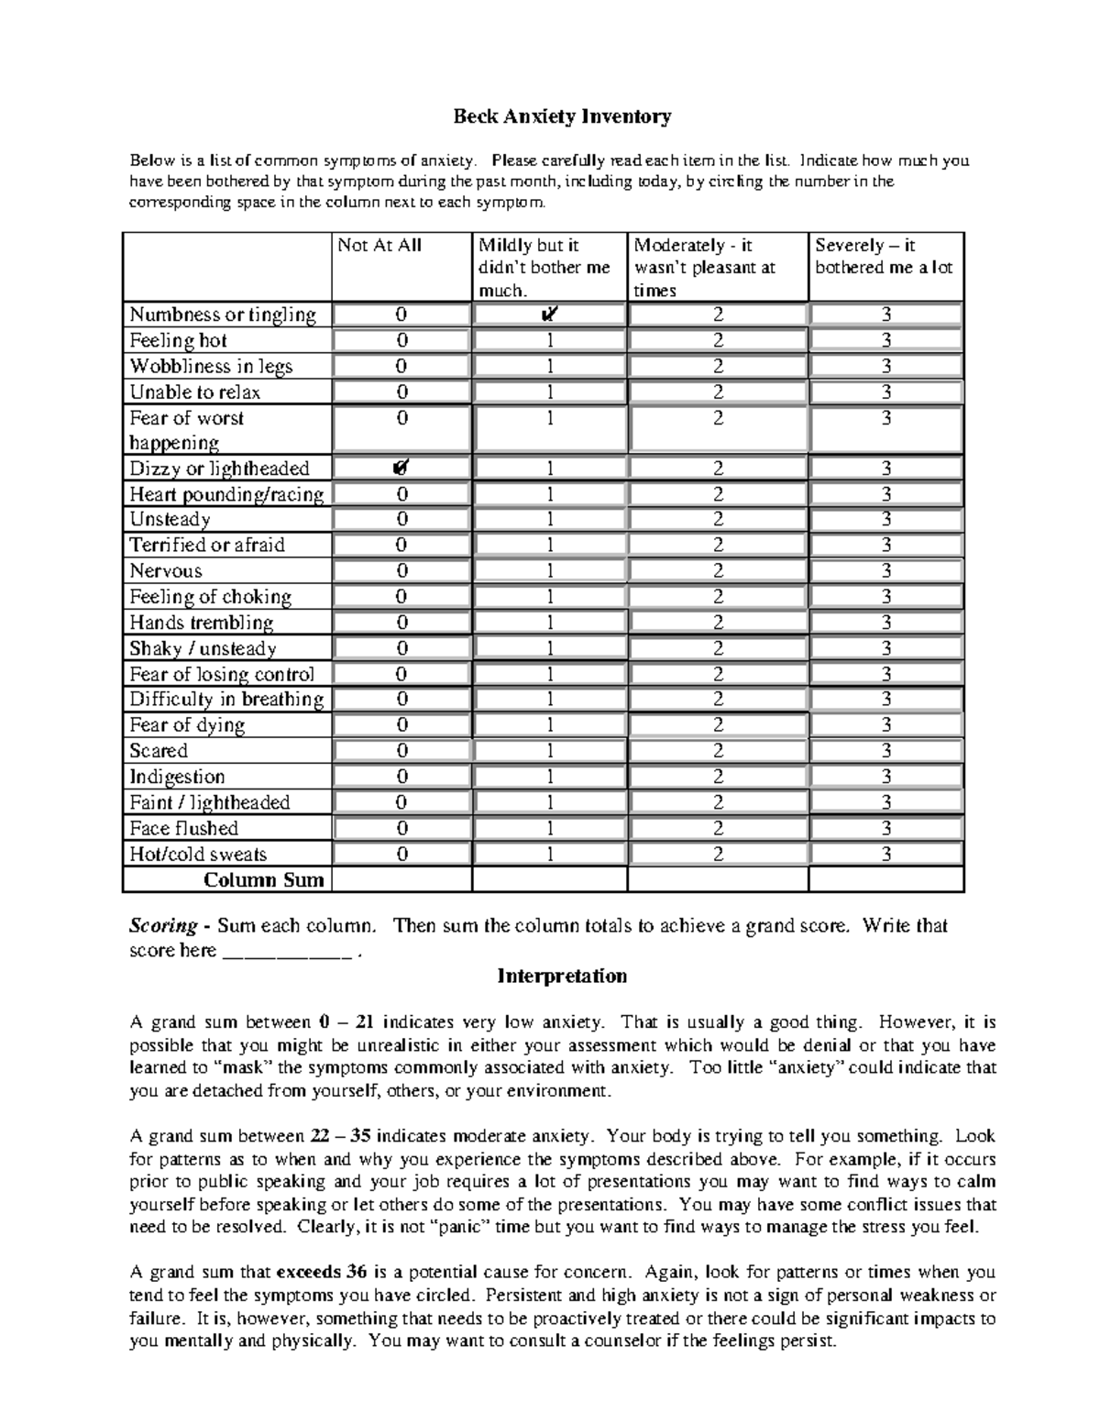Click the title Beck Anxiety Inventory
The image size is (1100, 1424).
(x=563, y=116)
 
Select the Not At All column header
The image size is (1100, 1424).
(x=379, y=246)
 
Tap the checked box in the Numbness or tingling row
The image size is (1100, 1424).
(x=549, y=315)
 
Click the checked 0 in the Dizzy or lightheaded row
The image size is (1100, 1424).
(x=401, y=468)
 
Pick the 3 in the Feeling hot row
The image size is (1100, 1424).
(x=885, y=340)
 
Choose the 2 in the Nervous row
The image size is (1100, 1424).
(x=718, y=570)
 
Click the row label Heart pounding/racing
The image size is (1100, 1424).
(x=226, y=494)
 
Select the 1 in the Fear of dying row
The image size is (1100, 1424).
(x=550, y=724)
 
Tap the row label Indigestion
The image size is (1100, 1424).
(x=177, y=777)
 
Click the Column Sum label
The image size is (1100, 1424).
(x=264, y=880)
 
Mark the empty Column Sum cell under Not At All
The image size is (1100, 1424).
(x=401, y=880)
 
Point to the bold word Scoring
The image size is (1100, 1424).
(x=163, y=926)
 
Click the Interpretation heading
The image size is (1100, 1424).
(x=562, y=976)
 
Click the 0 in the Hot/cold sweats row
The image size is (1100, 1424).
(x=401, y=854)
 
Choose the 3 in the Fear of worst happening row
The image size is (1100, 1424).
(x=885, y=419)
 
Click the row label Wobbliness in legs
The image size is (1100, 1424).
(x=211, y=367)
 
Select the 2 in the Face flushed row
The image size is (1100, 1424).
(x=718, y=828)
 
